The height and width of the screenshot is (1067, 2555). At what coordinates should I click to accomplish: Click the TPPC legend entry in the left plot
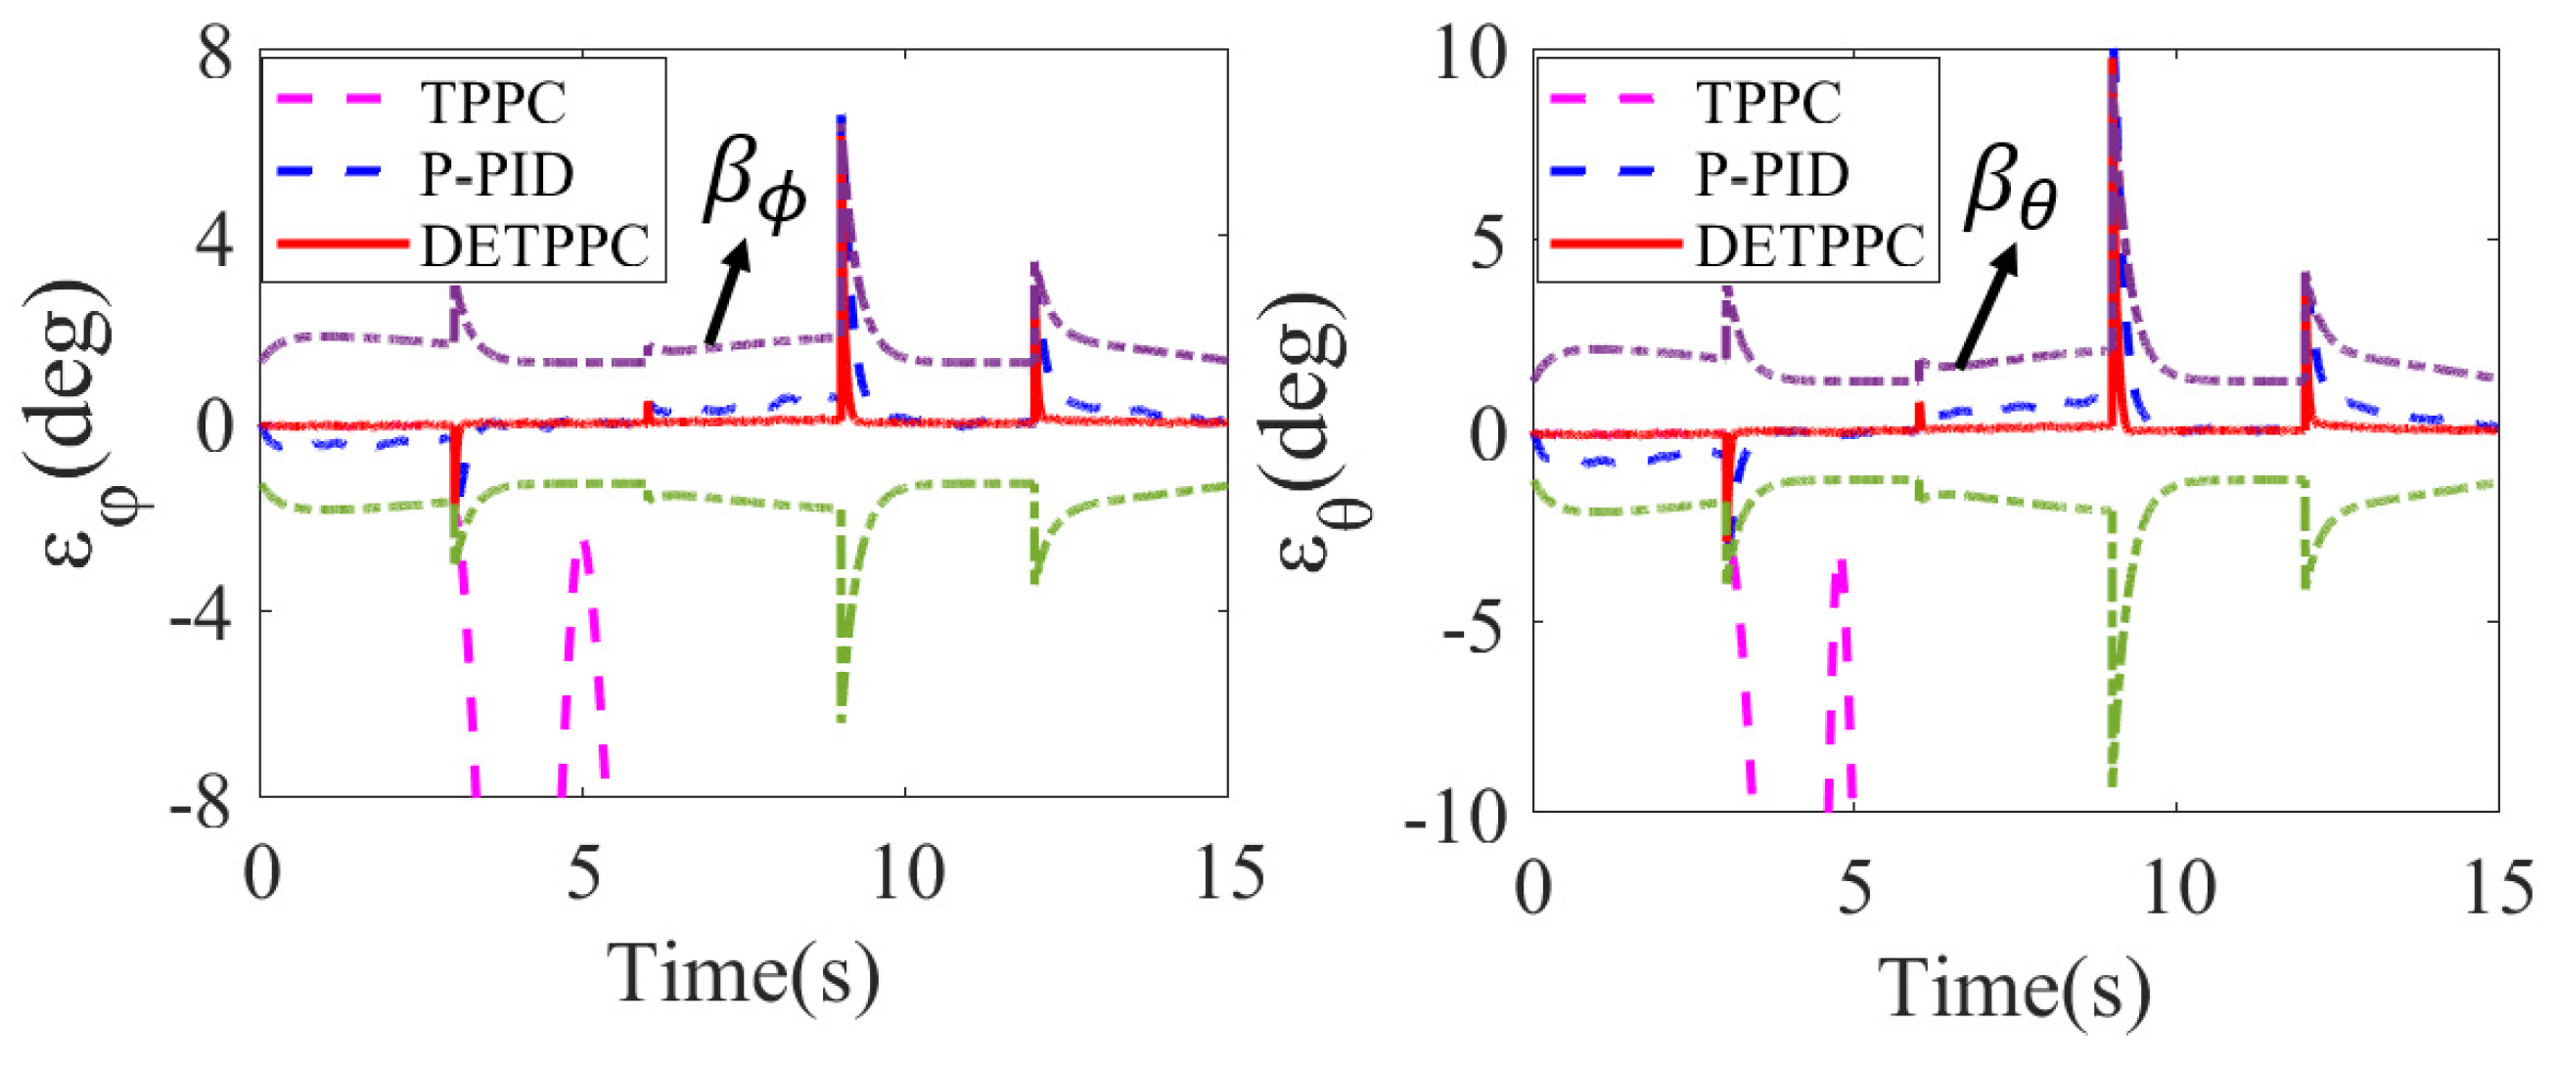click(x=493, y=102)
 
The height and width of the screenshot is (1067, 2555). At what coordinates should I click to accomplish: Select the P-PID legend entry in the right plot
click(x=1771, y=174)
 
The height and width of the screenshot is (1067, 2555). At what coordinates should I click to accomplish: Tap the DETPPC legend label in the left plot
click(x=535, y=245)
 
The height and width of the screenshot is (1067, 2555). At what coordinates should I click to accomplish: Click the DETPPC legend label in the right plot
click(x=1811, y=245)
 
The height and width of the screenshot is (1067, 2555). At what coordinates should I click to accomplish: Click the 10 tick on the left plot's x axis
click(x=906, y=874)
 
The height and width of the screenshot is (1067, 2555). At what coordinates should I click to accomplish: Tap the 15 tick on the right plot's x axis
click(x=2497, y=887)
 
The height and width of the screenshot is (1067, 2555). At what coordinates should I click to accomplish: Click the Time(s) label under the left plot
click(x=744, y=974)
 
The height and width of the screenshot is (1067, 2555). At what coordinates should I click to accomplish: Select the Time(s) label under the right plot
click(x=2016, y=988)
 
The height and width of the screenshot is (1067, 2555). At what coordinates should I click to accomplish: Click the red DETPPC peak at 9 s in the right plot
click(x=2113, y=62)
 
